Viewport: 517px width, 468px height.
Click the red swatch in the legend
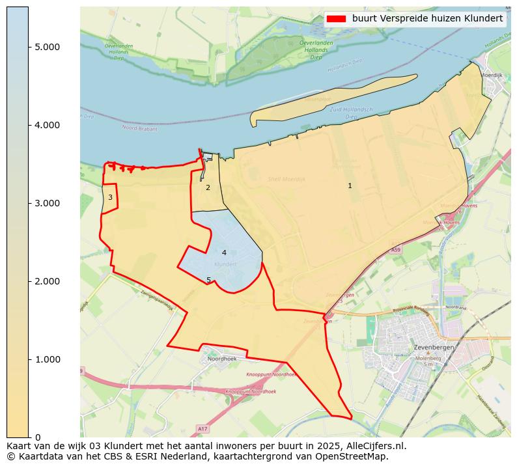click(x=336, y=19)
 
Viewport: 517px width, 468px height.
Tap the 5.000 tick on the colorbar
click(x=47, y=47)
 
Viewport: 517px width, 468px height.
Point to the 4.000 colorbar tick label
click(x=47, y=125)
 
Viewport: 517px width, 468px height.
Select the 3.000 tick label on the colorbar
click(x=47, y=203)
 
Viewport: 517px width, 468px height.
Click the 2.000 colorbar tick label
click(x=47, y=281)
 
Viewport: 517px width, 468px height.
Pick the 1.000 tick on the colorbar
click(x=47, y=359)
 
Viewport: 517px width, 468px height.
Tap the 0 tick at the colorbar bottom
click(x=38, y=437)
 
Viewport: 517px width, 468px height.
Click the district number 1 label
click(x=350, y=186)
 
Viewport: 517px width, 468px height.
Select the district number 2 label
click(x=208, y=187)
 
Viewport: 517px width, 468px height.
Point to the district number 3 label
click(x=110, y=197)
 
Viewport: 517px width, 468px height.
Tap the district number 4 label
click(x=224, y=253)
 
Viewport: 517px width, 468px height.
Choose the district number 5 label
click(x=208, y=280)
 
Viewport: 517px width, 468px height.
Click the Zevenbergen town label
click(x=433, y=348)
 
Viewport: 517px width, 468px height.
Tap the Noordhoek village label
click(x=221, y=359)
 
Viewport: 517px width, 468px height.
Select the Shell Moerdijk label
click(x=286, y=179)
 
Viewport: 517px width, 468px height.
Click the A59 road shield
click(x=396, y=250)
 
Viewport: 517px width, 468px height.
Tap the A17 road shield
click(x=202, y=428)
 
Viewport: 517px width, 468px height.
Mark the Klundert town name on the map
click(x=225, y=264)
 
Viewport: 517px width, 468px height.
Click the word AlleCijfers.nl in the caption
click(x=374, y=446)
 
